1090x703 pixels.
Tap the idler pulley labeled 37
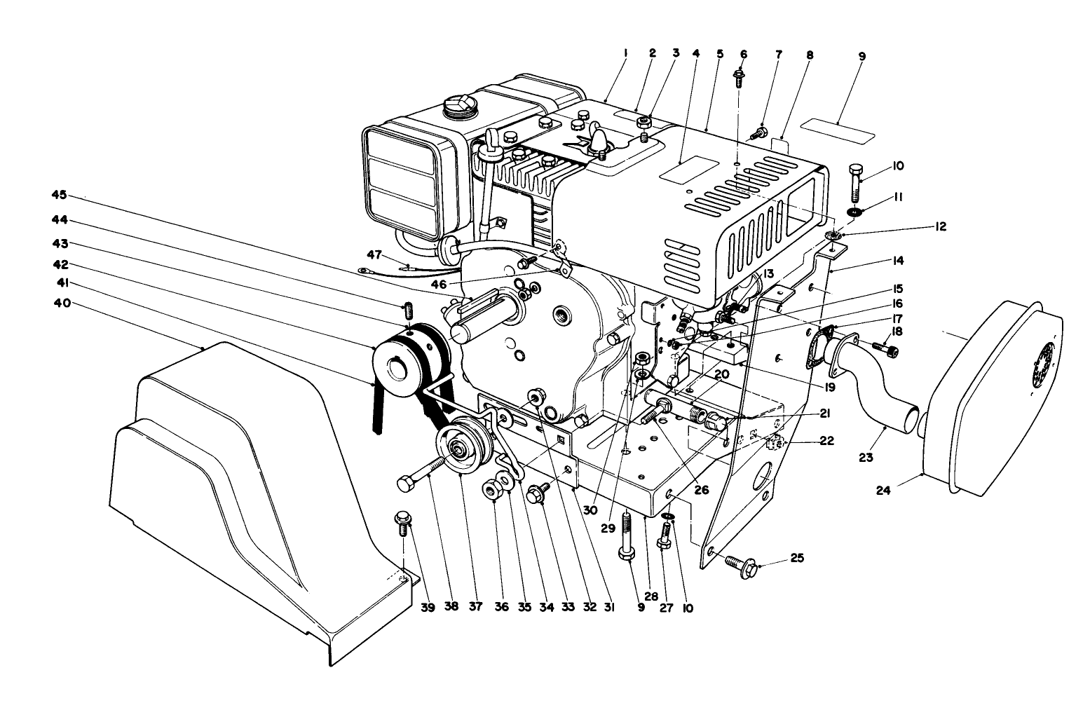coord(460,446)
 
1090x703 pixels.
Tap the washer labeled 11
coord(854,212)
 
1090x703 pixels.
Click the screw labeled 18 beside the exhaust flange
coord(883,346)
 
